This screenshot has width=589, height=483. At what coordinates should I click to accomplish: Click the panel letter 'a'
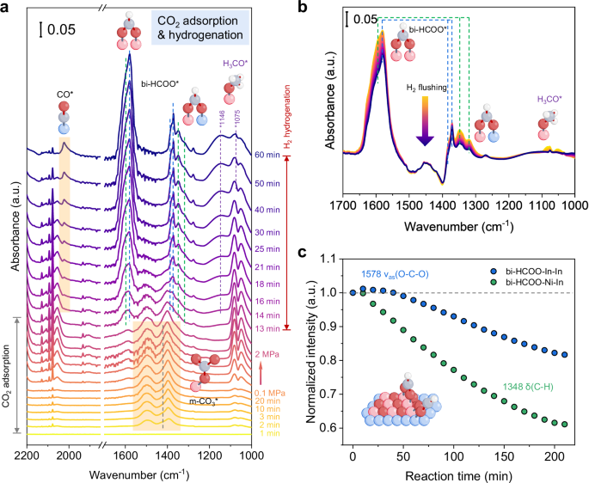pyautogui.click(x=6, y=8)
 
